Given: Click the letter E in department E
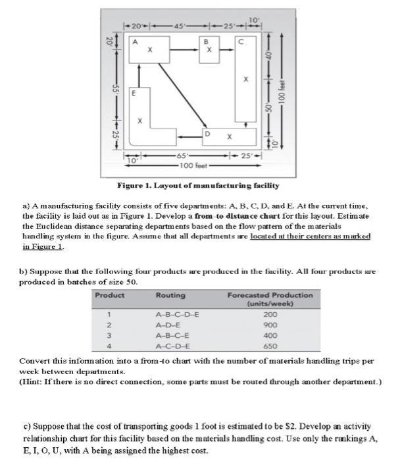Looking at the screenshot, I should pos(135,94).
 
